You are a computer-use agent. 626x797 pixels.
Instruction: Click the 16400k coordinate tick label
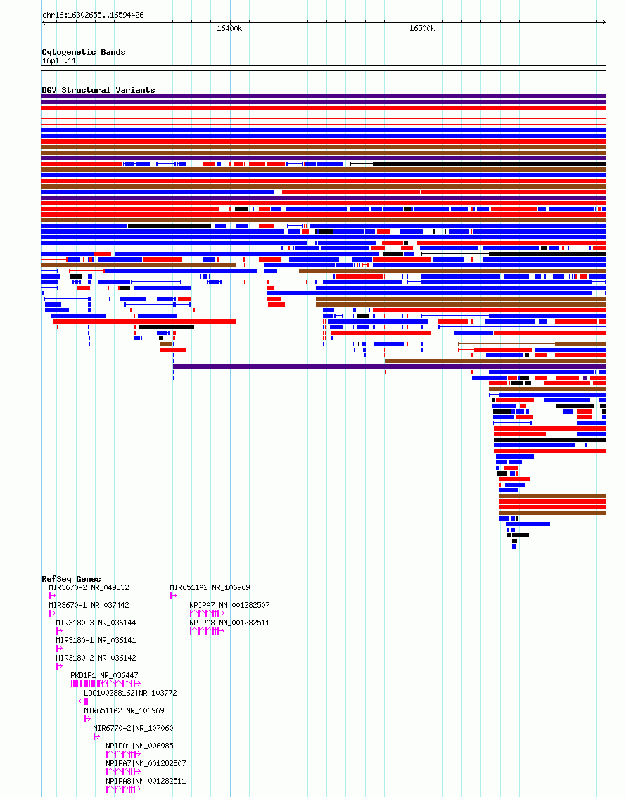(x=229, y=28)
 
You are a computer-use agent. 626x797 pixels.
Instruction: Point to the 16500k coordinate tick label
(x=422, y=28)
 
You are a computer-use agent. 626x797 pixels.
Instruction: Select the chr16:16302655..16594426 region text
(x=93, y=15)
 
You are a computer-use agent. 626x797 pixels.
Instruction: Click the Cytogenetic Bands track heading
(x=83, y=52)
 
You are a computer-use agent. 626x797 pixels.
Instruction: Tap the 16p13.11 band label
(x=59, y=61)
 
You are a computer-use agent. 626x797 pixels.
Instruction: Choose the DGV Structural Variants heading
(x=98, y=90)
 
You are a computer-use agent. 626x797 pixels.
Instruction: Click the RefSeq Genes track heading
(x=71, y=579)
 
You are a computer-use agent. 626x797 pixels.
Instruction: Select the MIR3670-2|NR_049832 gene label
(x=89, y=587)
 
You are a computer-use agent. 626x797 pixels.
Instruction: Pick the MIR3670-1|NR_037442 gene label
(x=89, y=606)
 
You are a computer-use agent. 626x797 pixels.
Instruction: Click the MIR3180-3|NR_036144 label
(x=96, y=623)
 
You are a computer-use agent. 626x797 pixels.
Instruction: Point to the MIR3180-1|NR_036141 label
(x=96, y=640)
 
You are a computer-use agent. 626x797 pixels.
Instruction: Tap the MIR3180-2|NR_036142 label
(x=96, y=658)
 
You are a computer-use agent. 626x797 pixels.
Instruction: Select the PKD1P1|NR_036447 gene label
(x=104, y=675)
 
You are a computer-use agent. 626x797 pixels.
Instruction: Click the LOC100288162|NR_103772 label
(x=131, y=693)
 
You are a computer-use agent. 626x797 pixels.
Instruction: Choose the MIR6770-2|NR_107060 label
(x=133, y=728)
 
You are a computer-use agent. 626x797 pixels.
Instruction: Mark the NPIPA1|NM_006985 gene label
(x=140, y=746)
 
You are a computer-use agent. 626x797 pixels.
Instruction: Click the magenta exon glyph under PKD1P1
(x=106, y=684)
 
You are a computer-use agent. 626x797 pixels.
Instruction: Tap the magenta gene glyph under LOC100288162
(x=84, y=701)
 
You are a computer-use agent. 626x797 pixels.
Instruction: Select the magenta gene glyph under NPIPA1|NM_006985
(x=123, y=754)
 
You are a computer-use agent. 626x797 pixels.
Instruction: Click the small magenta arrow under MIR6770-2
(x=96, y=737)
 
